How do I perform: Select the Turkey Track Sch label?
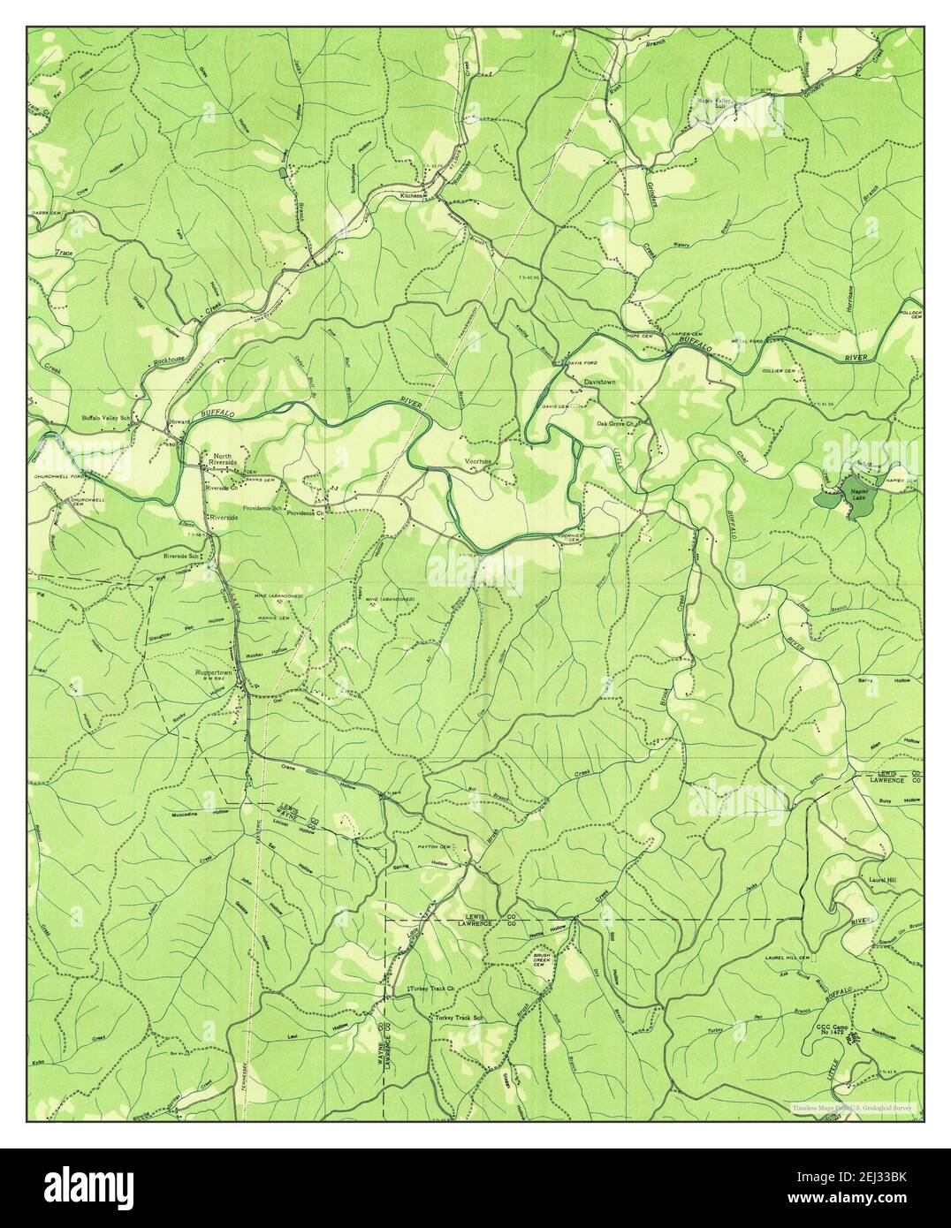click(460, 1019)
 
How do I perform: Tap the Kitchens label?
click(411, 195)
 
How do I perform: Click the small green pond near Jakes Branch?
click(282, 173)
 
